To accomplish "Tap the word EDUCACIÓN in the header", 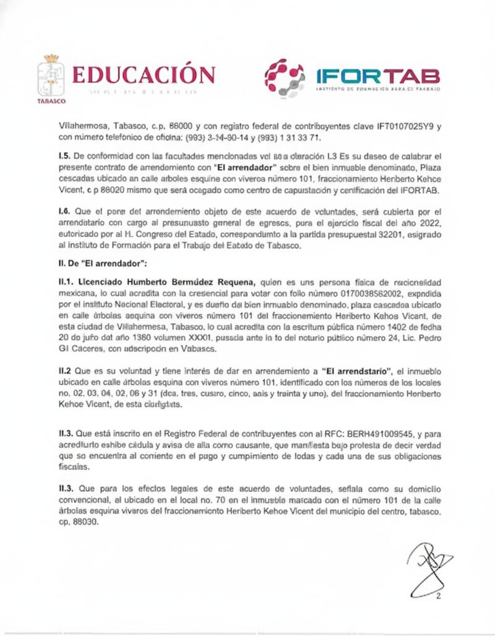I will point(144,74).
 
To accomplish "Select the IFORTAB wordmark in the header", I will point(377,75).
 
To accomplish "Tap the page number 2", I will point(439,596).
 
